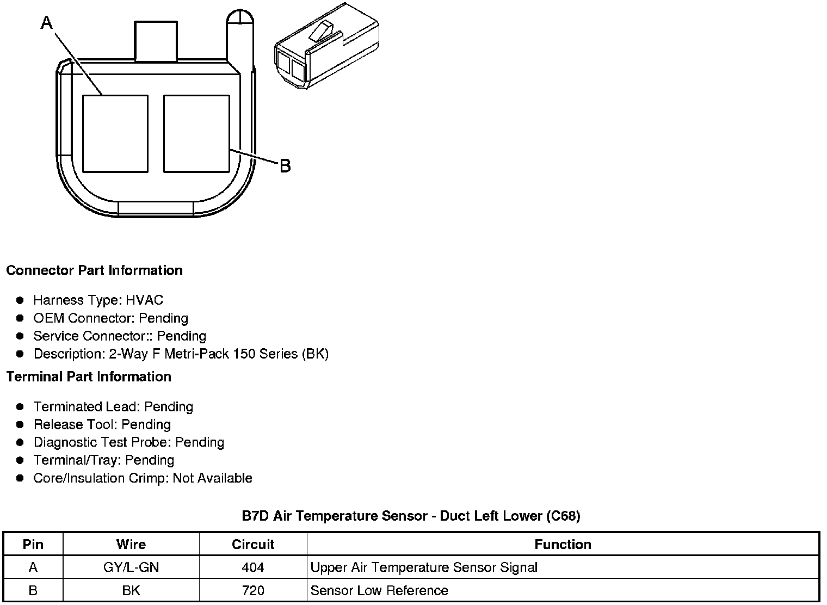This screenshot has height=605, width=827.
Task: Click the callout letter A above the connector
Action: click(47, 23)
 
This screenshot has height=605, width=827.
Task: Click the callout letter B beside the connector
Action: click(285, 166)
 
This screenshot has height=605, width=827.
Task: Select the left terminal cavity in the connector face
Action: click(115, 134)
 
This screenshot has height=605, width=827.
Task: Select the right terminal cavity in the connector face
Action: click(196, 134)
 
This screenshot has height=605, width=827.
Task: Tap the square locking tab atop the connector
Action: click(156, 41)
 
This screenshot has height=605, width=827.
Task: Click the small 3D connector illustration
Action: click(327, 46)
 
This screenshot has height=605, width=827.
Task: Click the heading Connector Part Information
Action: click(95, 270)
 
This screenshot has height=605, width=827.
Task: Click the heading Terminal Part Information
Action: click(89, 376)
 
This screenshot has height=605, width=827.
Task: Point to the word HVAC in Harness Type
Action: click(144, 300)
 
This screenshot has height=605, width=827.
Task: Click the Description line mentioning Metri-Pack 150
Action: click(181, 354)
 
